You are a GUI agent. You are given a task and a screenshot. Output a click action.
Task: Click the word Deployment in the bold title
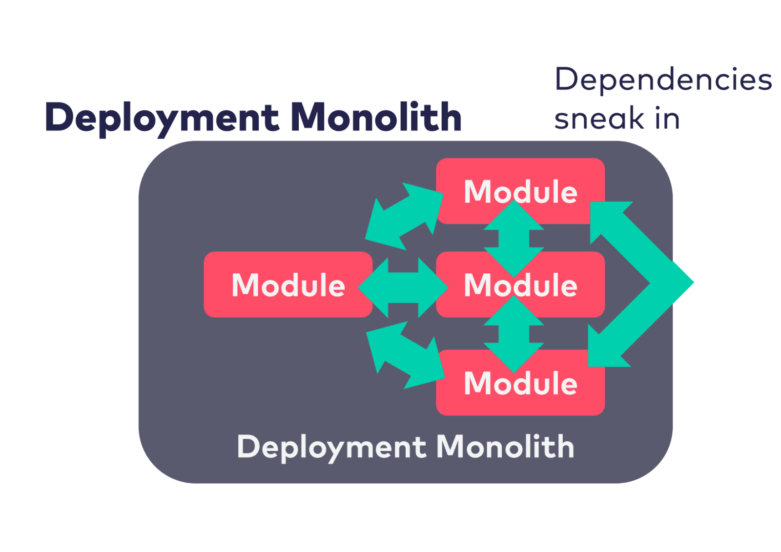[162, 118]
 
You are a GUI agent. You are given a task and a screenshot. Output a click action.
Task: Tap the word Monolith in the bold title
[376, 118]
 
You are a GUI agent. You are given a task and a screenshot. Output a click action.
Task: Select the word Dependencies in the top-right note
[663, 80]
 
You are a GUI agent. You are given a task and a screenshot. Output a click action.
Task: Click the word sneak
[599, 119]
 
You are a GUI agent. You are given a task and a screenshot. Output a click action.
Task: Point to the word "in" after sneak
[667, 119]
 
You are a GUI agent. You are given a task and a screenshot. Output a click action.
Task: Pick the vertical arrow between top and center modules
[514, 239]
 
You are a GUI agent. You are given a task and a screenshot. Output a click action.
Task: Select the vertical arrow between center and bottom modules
[514, 334]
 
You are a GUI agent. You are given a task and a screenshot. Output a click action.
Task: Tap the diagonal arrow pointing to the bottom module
[405, 355]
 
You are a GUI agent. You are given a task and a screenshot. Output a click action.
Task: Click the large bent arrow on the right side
[649, 283]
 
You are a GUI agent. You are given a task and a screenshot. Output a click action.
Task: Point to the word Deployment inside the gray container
[332, 447]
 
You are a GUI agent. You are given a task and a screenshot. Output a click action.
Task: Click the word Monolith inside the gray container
[506, 446]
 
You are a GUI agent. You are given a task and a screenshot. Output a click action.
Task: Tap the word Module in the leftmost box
[288, 285]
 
